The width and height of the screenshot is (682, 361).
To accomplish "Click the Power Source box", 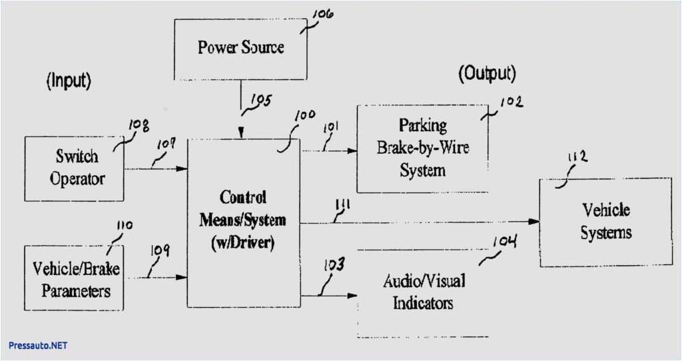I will click(240, 48).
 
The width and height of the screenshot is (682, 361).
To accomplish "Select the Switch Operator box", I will click(75, 168).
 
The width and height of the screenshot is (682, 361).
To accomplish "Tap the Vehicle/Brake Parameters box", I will click(74, 278).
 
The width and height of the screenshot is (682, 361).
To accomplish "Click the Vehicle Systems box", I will click(605, 222).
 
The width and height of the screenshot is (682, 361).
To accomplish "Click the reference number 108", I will click(137, 125).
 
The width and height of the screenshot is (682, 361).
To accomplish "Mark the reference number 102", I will click(511, 102).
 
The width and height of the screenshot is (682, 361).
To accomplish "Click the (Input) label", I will click(68, 81).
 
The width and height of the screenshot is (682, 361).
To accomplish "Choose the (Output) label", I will click(487, 73).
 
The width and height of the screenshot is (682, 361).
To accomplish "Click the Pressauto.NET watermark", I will click(38, 346).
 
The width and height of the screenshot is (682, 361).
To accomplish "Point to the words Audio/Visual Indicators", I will click(424, 292).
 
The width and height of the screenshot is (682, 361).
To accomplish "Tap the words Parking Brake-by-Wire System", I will click(423, 147).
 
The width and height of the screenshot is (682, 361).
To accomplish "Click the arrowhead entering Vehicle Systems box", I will click(534, 222).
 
